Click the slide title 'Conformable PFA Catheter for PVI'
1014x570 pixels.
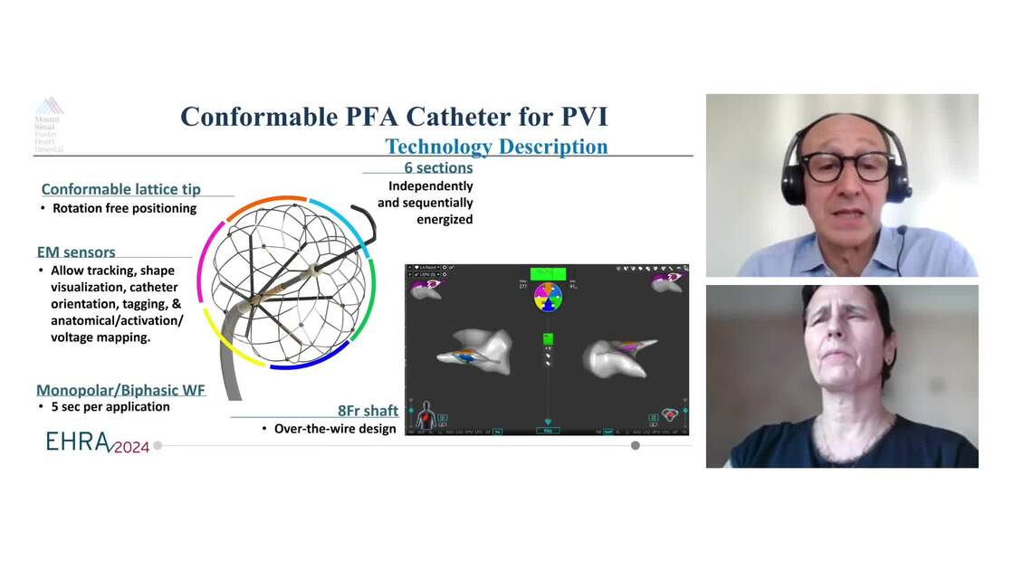pyautogui.click(x=394, y=116)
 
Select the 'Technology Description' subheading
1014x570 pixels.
pyautogui.click(x=496, y=147)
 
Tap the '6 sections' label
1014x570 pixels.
pyautogui.click(x=438, y=167)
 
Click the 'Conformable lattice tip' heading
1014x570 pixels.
pyautogui.click(x=133, y=189)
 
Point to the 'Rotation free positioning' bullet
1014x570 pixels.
pyautogui.click(x=124, y=208)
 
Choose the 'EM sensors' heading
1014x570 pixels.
pyautogui.click(x=76, y=252)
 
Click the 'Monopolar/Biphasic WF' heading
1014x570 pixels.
pyautogui.click(x=120, y=390)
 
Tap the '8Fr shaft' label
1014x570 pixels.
pyautogui.click(x=368, y=411)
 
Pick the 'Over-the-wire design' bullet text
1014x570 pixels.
pyautogui.click(x=335, y=428)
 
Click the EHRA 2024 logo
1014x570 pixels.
pyautogui.click(x=98, y=442)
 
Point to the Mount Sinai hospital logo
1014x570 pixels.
pyautogui.click(x=49, y=124)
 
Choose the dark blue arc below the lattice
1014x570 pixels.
pyautogui.click(x=303, y=364)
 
